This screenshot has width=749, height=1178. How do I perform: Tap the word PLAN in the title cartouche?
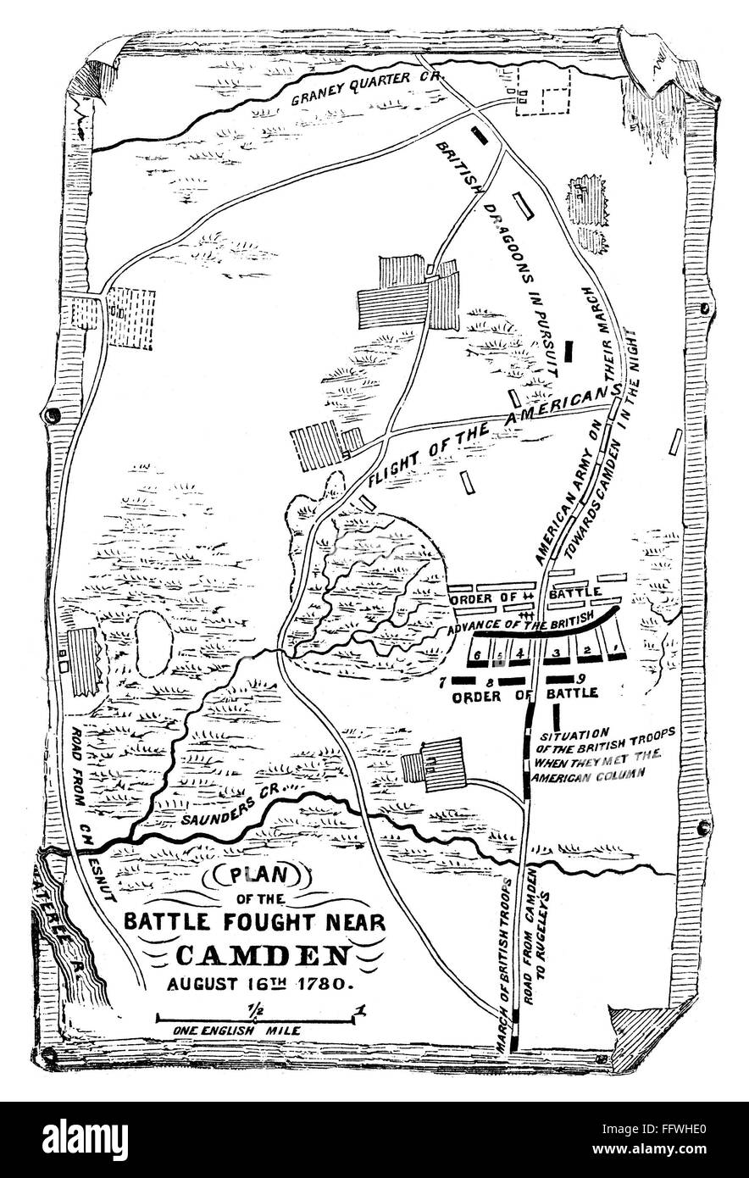[x=251, y=878]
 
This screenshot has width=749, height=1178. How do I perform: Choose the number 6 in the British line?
[x=479, y=654]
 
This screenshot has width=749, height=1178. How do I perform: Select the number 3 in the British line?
[x=557, y=653]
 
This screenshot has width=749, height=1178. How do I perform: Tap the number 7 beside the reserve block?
[x=441, y=681]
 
